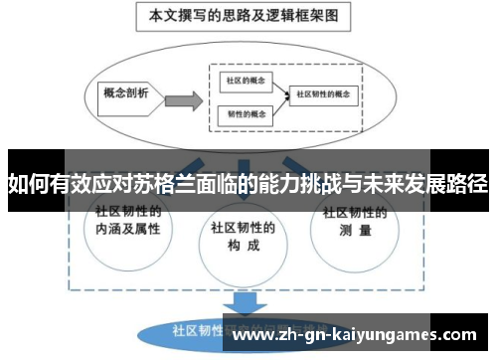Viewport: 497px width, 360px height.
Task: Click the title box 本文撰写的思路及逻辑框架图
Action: click(246, 17)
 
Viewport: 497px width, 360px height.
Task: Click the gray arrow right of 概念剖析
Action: click(179, 99)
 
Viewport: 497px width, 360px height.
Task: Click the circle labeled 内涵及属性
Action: click(126, 224)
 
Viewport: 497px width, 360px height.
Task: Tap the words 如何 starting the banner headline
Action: click(27, 183)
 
